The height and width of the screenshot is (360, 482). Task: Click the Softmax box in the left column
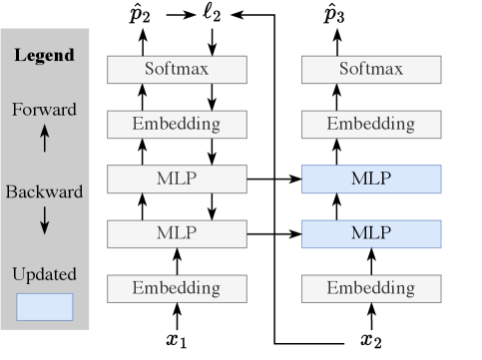click(177, 70)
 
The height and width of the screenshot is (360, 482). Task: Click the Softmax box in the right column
click(371, 70)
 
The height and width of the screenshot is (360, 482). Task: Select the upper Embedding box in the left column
click(177, 125)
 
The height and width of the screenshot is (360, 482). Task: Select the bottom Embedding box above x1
click(177, 288)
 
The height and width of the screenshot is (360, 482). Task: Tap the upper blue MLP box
click(371, 180)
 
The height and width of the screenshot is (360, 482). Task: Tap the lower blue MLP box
click(371, 233)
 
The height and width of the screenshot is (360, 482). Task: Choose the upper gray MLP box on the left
click(177, 180)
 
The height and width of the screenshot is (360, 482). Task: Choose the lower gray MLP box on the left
click(177, 233)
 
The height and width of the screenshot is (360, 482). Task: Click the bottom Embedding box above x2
click(371, 288)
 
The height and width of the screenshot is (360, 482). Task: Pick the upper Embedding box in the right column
click(371, 125)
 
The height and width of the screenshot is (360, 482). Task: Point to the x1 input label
click(178, 342)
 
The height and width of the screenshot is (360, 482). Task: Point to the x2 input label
click(371, 342)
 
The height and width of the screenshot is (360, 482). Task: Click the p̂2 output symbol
click(142, 14)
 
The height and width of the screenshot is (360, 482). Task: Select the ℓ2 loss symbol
click(214, 14)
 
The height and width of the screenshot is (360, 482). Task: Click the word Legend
click(44, 55)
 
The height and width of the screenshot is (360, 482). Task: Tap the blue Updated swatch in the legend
click(44, 306)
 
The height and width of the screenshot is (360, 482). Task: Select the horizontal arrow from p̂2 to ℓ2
click(178, 14)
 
